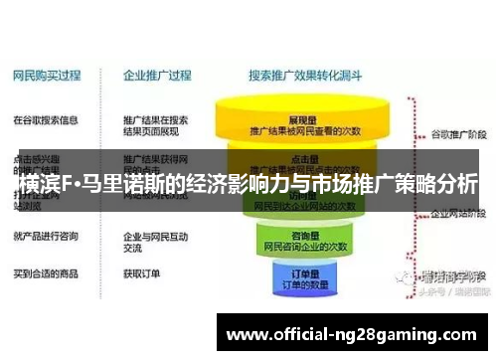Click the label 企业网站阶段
coord(456,212)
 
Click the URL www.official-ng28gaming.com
coord(354,333)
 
